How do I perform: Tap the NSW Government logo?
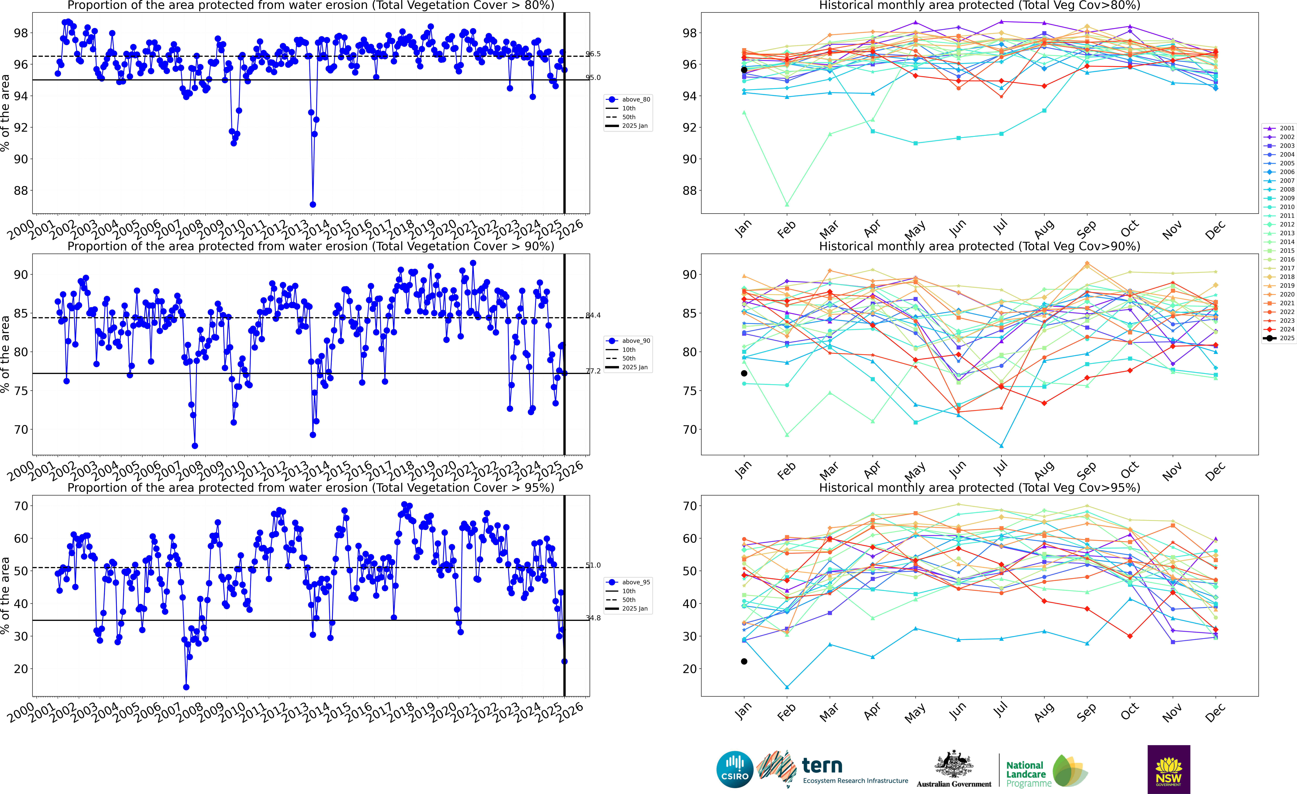(x=1169, y=769)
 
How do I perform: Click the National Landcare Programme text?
(x=1024, y=774)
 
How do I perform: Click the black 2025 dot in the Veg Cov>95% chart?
(x=744, y=661)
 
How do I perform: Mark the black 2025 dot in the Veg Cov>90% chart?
(x=744, y=373)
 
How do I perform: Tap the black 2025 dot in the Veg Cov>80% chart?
(x=744, y=70)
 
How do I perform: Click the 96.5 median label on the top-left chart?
(x=593, y=54)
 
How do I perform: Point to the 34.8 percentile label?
(x=593, y=618)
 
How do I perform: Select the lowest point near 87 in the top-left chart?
(x=313, y=204)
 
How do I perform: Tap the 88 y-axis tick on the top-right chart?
(x=690, y=191)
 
